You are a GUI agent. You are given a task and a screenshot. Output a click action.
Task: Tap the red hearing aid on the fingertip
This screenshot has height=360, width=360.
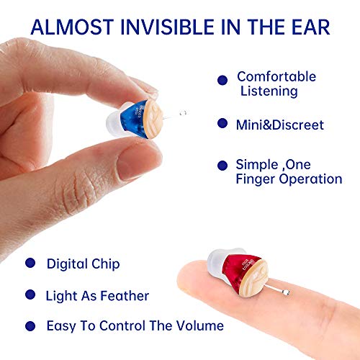point(243,276)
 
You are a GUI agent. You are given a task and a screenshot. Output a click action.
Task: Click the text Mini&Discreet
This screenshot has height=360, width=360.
point(280,125)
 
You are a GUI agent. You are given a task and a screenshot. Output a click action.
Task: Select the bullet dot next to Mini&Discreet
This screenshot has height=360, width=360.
point(222,125)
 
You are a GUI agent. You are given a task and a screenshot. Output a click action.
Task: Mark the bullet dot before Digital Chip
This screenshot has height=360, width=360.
point(30,264)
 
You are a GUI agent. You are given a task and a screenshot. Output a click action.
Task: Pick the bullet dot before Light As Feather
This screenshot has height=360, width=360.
point(30,295)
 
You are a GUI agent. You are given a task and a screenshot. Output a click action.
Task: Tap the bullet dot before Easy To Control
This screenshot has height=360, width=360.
point(30,325)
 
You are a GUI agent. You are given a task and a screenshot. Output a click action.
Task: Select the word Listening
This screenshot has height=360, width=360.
point(267,91)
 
